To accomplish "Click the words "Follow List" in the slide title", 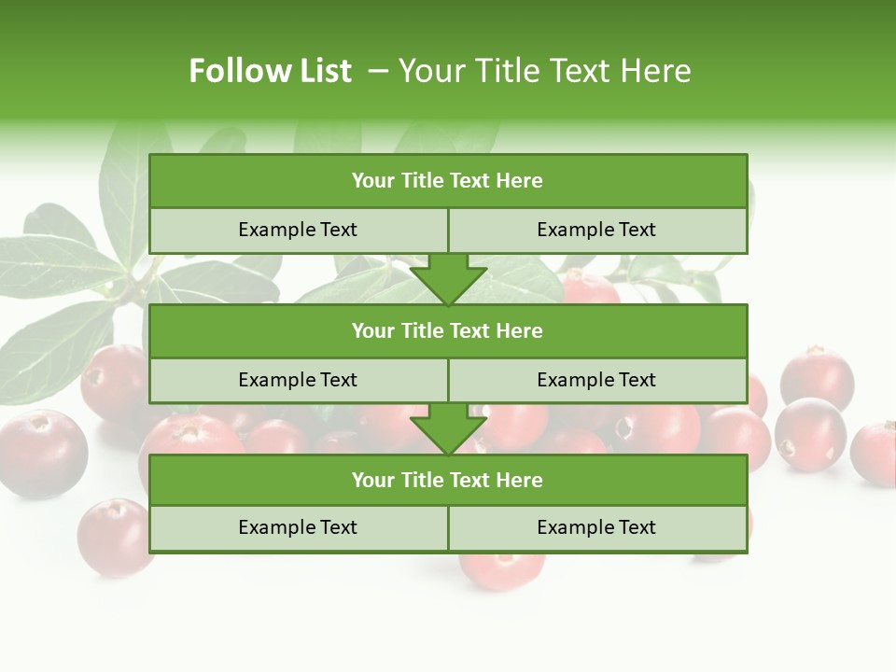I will (x=270, y=71).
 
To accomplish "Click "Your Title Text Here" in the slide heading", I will (x=544, y=71).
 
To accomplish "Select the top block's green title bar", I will (x=448, y=181).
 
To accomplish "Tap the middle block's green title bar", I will (x=448, y=330).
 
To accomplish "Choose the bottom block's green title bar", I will (x=448, y=480).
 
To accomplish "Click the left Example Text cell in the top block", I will (x=298, y=230).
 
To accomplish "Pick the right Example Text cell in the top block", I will (x=596, y=230).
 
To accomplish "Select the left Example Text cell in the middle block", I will (x=298, y=380).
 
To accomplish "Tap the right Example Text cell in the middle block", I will (x=596, y=380).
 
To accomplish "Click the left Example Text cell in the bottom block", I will (x=298, y=527).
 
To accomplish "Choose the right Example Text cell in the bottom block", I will (x=596, y=527).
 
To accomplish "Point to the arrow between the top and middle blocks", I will (x=448, y=279).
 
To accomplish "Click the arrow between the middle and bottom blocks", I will (x=448, y=429).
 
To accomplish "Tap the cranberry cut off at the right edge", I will (x=875, y=453).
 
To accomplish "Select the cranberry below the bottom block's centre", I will (x=501, y=568).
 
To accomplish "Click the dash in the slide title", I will (x=378, y=71).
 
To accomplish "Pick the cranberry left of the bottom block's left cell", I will (x=114, y=537).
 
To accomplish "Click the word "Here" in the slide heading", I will (x=659, y=71).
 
